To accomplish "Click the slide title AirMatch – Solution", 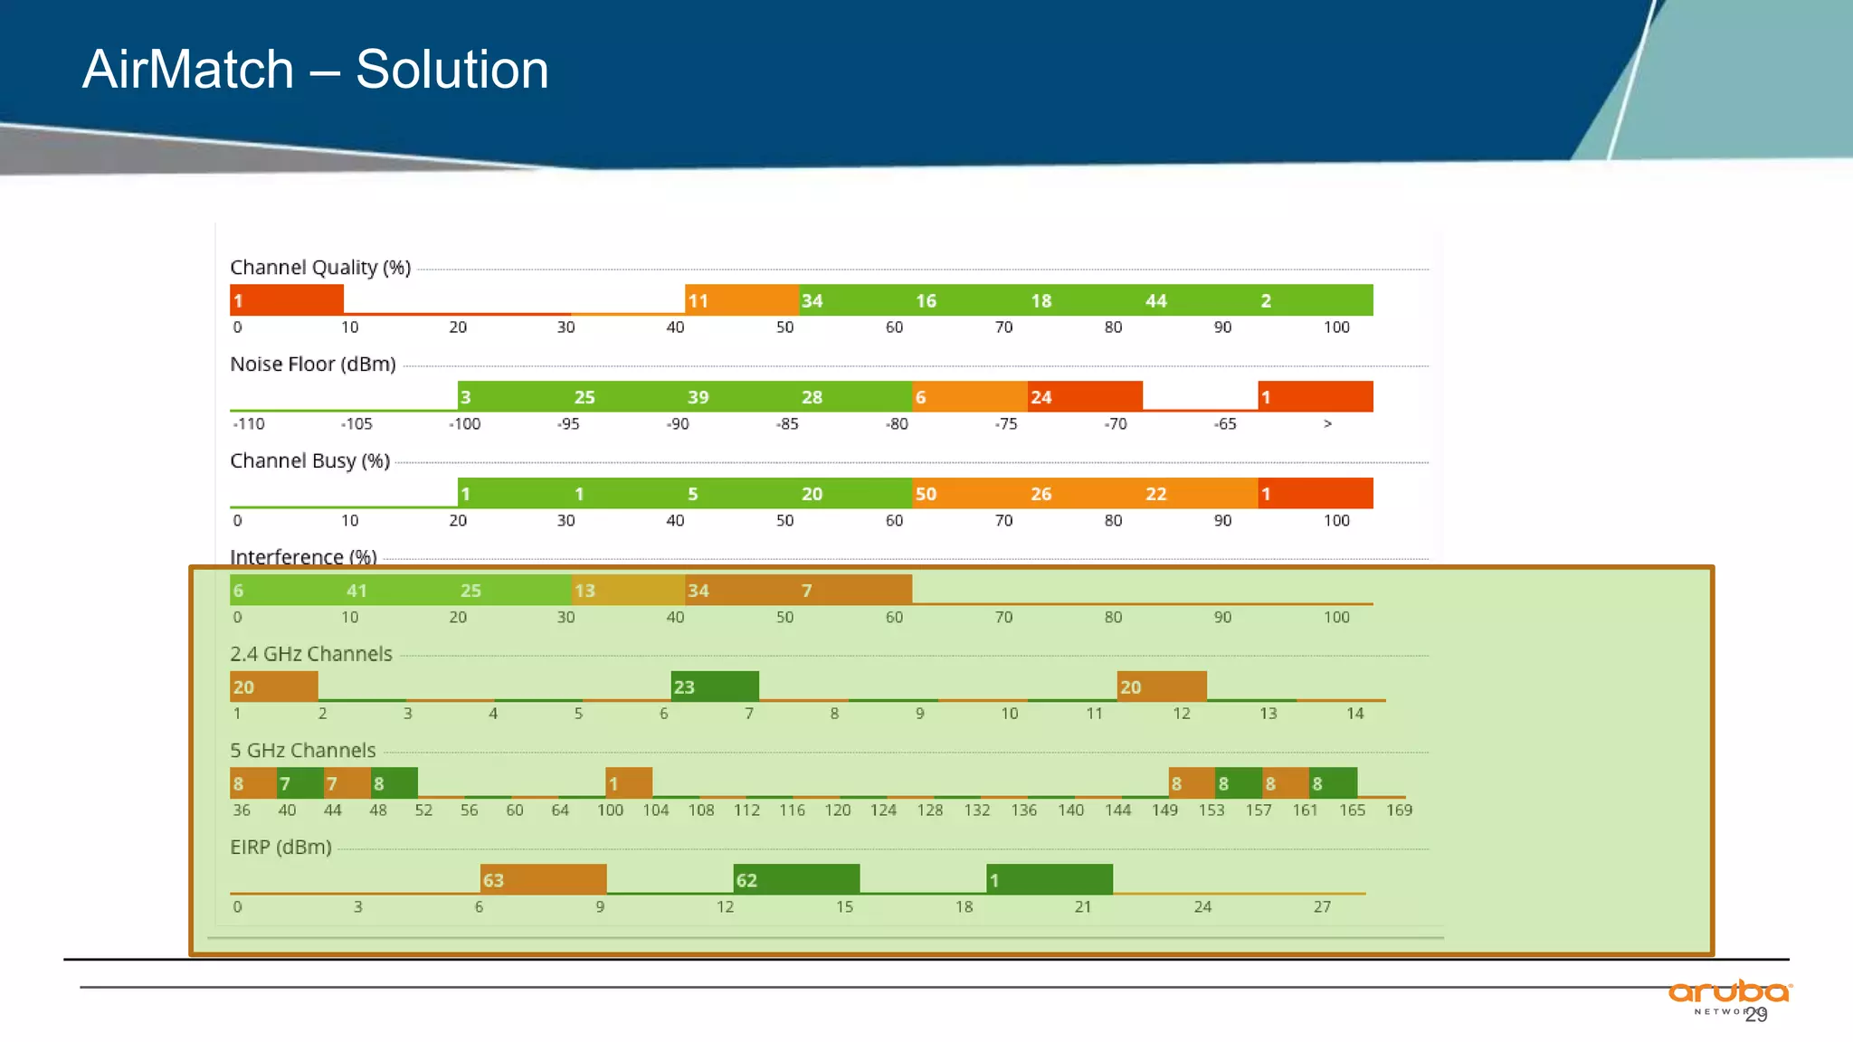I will [315, 70].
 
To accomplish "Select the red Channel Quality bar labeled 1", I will [286, 300].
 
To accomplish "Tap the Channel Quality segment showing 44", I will [1199, 300].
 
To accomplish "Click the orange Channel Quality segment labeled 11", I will [742, 300].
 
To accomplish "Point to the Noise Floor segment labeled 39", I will [742, 397].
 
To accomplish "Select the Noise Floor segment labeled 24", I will [1085, 397].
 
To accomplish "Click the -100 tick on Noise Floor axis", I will [465, 424].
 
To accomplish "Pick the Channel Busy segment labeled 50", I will [968, 494].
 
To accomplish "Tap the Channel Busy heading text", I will [309, 461].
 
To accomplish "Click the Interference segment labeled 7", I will [855, 591].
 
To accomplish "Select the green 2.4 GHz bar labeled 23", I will [715, 687].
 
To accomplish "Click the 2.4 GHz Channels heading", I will [310, 654].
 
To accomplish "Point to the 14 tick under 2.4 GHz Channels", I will [1354, 714].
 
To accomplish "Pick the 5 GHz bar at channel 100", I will [629, 782].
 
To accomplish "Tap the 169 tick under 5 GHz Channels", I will [1399, 810].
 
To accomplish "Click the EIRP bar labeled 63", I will [543, 879].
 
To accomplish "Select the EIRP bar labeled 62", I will [796, 879].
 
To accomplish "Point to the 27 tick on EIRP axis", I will [1322, 907].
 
